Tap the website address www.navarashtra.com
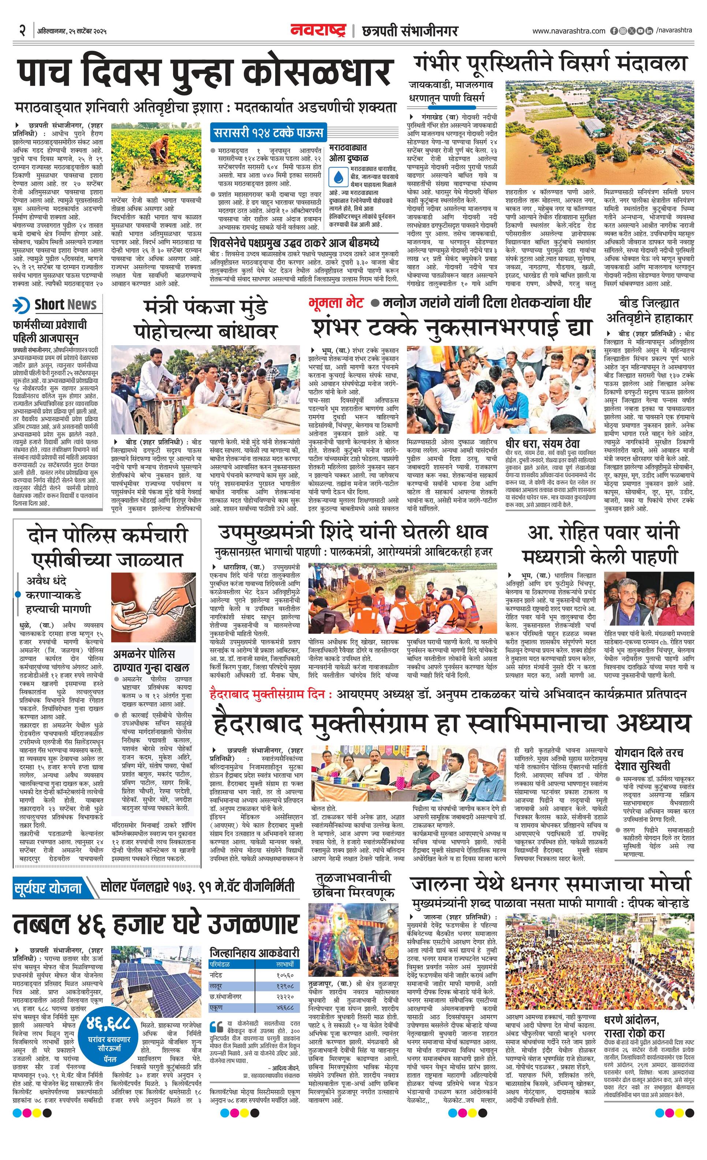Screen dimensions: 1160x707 coord(569,31)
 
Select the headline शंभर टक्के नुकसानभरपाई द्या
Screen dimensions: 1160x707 coord(449,327)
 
